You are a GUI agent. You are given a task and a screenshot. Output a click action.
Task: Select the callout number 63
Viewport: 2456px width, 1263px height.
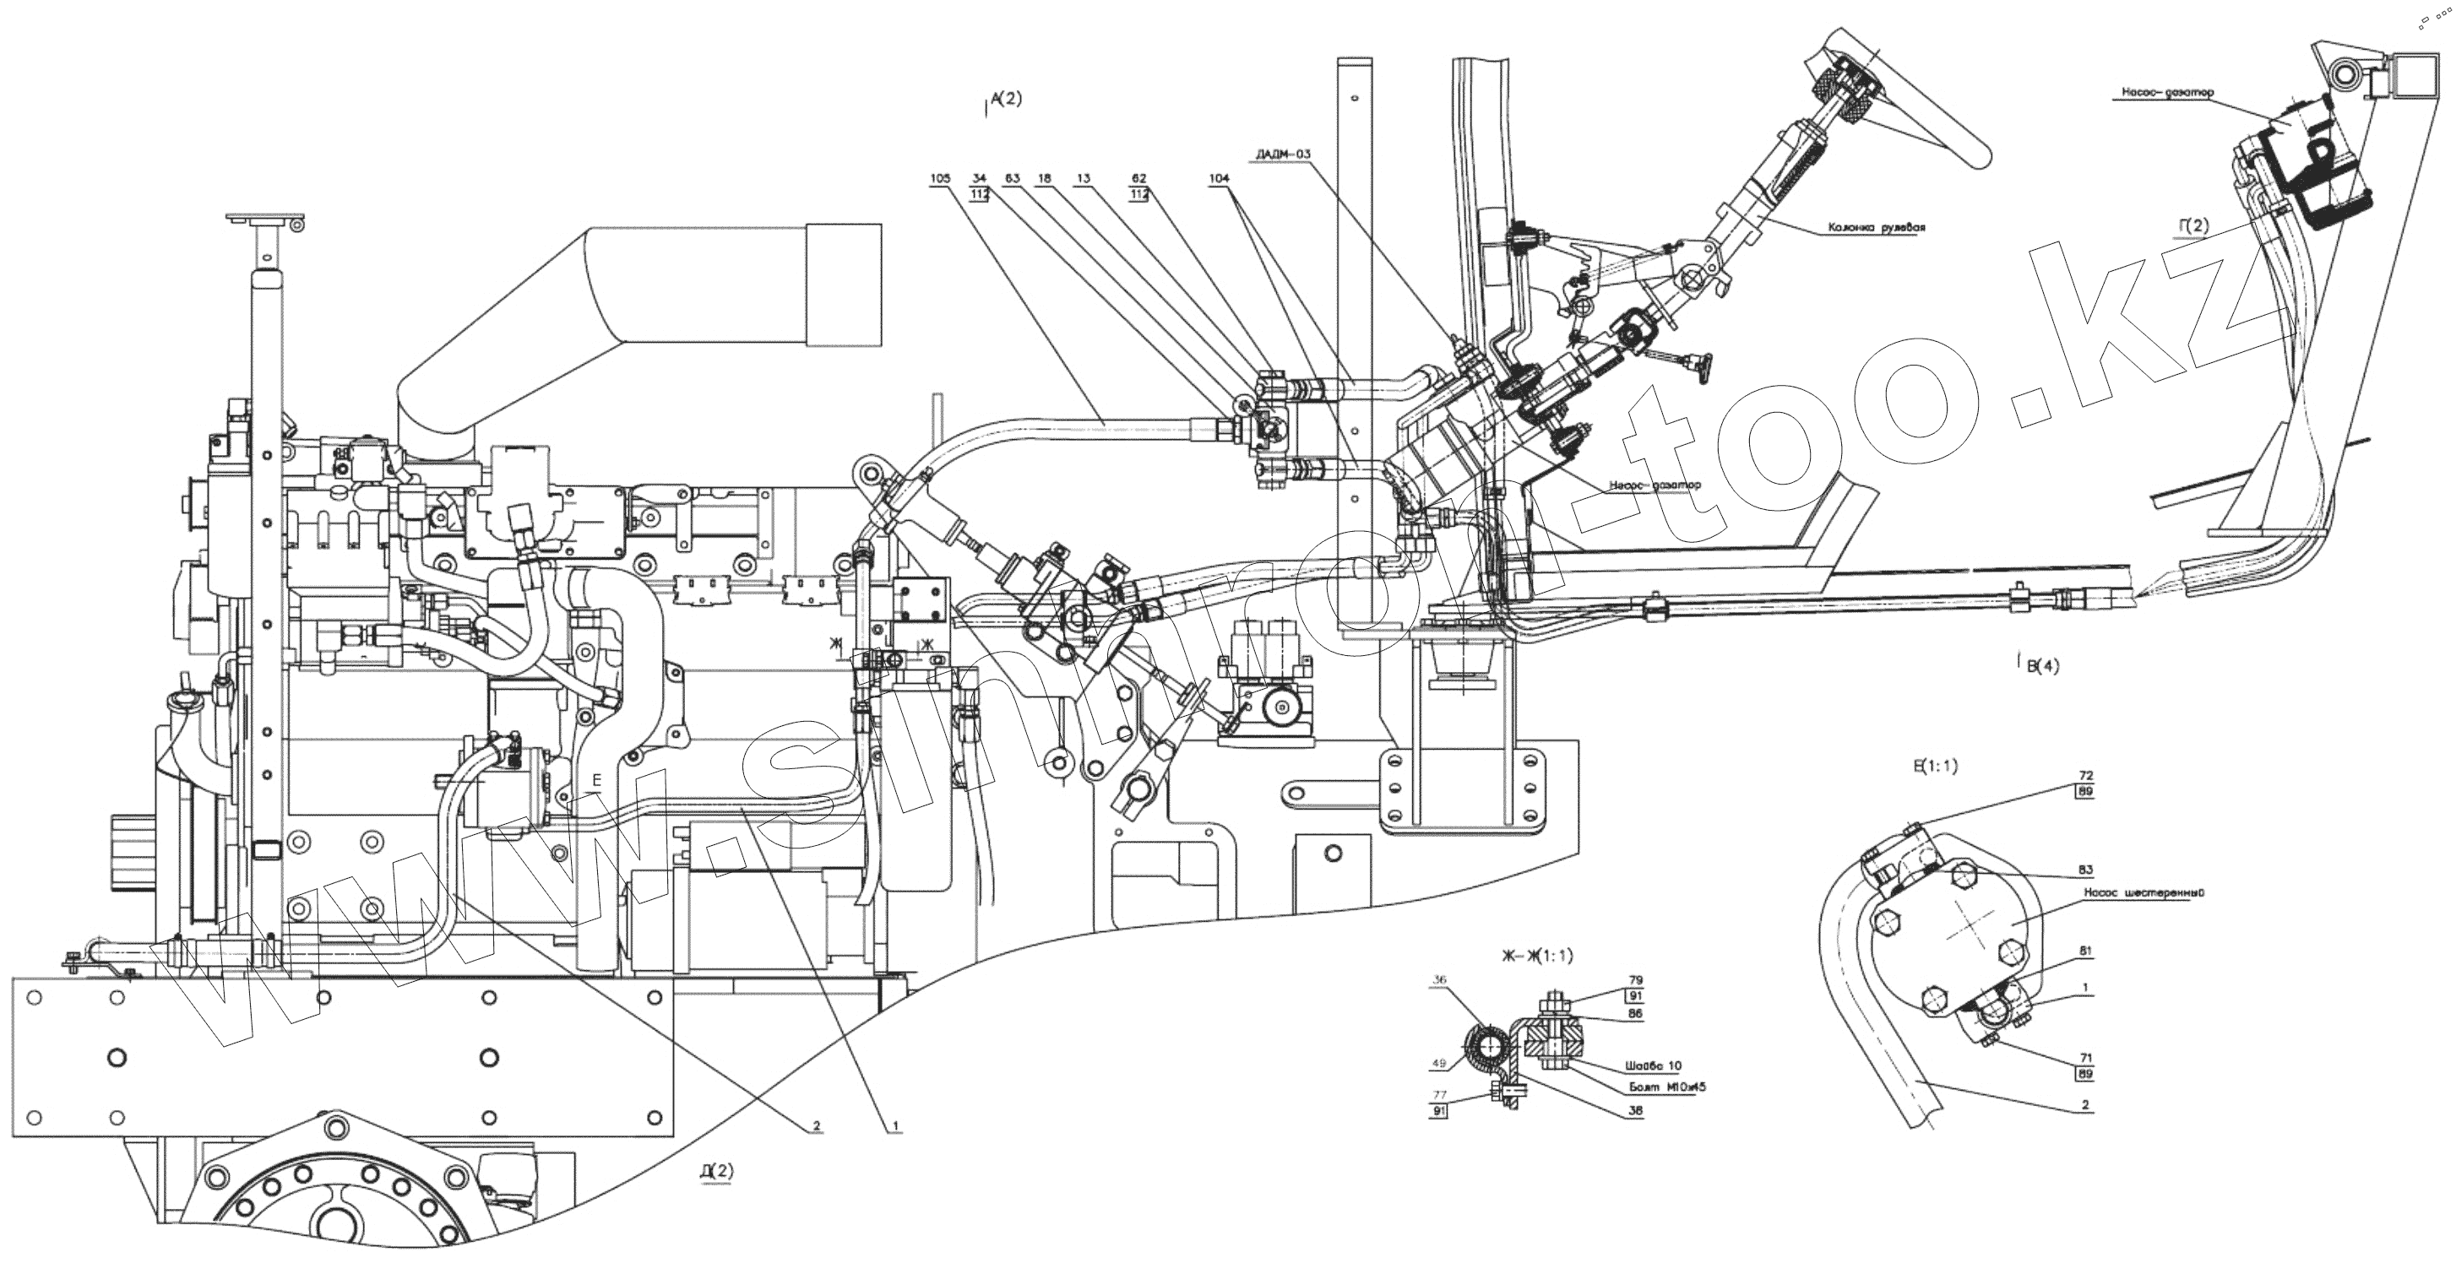(1012, 177)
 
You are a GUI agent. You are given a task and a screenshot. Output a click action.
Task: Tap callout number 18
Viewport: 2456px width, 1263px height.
(1045, 177)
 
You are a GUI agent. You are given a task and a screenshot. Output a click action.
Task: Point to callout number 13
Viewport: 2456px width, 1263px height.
(1082, 177)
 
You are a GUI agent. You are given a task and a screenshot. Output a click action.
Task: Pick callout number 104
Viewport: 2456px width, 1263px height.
(1219, 177)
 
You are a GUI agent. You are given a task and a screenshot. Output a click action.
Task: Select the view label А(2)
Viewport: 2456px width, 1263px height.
(1005, 97)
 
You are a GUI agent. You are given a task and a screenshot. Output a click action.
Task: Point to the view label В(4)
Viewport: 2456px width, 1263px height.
(2042, 667)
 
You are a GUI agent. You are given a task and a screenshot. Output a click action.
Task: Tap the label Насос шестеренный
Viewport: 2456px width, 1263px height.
(2130, 894)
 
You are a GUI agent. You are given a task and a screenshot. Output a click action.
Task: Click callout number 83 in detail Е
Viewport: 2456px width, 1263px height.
(2085, 870)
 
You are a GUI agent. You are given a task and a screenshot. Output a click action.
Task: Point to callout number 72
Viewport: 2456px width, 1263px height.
(2086, 777)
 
